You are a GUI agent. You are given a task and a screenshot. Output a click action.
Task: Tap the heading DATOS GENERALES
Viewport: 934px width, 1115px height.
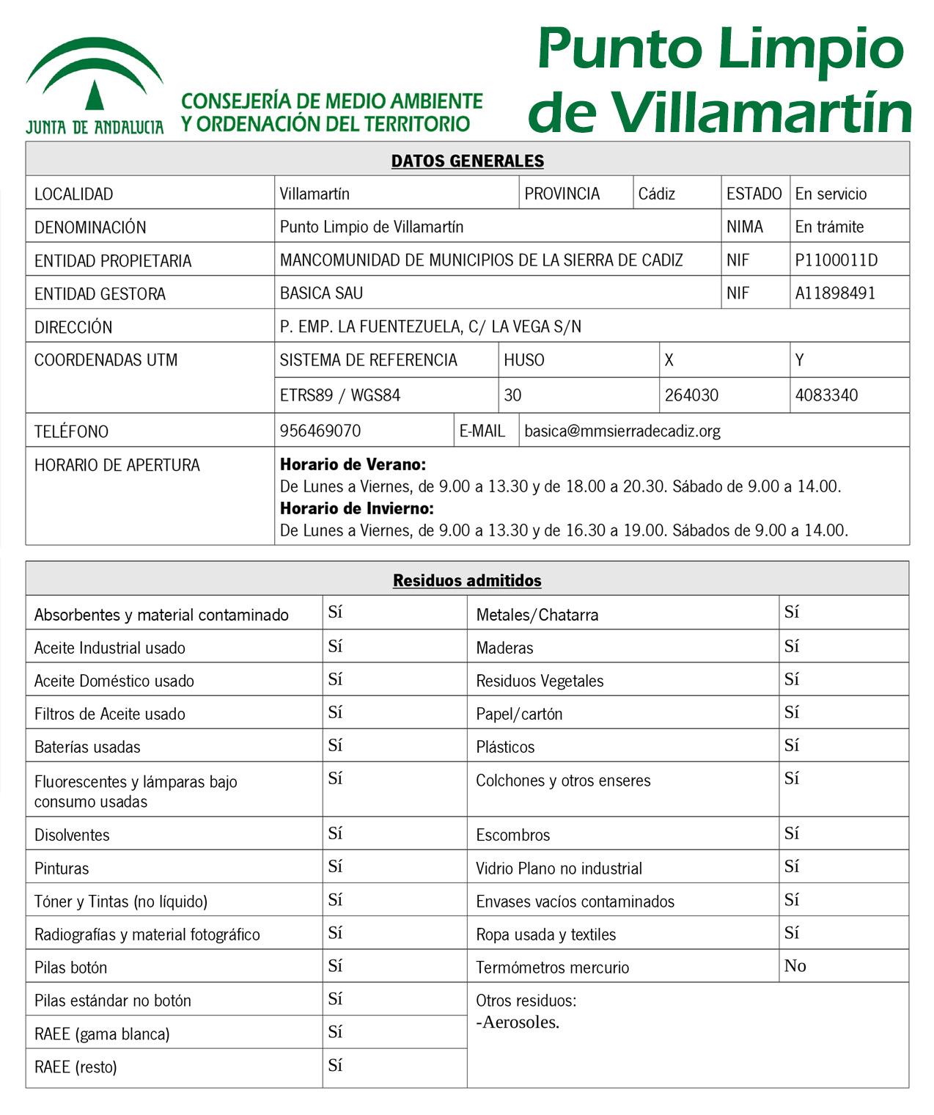(467, 161)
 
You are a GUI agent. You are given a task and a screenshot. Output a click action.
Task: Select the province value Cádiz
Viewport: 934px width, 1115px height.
(656, 194)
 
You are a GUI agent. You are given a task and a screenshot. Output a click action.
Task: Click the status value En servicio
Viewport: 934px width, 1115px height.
(831, 194)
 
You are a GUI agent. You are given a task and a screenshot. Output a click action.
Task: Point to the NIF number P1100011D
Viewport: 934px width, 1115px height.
(836, 260)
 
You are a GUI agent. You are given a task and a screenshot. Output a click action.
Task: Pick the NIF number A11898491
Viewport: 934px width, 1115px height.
(835, 293)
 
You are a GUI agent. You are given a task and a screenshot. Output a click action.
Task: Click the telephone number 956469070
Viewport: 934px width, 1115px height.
(320, 431)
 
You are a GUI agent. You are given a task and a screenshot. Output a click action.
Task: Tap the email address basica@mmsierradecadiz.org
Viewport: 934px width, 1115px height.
(622, 431)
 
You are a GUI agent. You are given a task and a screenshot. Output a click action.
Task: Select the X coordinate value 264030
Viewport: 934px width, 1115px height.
(691, 395)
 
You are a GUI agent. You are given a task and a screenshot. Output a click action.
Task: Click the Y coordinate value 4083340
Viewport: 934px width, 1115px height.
(826, 395)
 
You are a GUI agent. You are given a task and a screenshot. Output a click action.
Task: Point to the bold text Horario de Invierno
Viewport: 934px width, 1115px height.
(357, 508)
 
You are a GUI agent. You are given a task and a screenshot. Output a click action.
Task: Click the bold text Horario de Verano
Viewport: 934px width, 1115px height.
(353, 464)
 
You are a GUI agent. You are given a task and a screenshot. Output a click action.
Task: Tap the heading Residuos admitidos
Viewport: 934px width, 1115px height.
(467, 580)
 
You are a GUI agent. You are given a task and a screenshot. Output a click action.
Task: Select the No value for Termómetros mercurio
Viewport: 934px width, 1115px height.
(795, 966)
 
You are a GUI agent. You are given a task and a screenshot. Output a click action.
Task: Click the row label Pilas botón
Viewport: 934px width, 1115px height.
(71, 968)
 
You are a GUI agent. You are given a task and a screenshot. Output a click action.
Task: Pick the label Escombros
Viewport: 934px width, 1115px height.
(512, 835)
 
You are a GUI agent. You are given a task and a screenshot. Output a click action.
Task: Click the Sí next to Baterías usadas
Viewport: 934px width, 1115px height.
(335, 745)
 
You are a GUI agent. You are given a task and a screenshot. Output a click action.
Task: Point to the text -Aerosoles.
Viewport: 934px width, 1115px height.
(518, 1022)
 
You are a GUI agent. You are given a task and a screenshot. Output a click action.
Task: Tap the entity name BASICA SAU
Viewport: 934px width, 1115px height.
(321, 293)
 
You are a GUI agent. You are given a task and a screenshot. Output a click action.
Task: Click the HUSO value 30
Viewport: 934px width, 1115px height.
(512, 395)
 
